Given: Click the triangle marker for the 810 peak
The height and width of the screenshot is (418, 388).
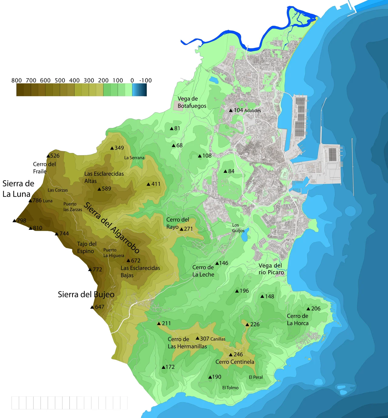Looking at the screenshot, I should [x=31, y=228].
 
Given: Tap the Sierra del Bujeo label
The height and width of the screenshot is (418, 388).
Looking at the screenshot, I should [x=86, y=294].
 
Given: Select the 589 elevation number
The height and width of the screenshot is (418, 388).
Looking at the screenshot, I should [x=106, y=189].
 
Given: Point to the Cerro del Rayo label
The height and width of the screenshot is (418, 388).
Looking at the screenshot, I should [x=178, y=223].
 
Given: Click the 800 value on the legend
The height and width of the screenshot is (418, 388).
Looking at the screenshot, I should [x=17, y=80].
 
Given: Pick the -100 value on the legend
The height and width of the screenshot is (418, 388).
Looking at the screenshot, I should [x=145, y=80].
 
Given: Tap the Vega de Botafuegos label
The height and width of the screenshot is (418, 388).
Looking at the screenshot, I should [x=192, y=102].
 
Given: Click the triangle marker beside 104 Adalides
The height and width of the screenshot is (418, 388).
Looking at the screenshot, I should [x=231, y=110].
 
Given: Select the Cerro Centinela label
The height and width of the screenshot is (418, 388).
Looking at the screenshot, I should [x=235, y=362].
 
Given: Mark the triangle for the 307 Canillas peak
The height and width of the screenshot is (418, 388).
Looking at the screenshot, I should [x=198, y=338].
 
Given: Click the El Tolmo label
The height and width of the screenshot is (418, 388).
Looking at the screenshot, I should [x=230, y=388].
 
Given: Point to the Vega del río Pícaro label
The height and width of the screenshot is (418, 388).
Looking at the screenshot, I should [x=271, y=269].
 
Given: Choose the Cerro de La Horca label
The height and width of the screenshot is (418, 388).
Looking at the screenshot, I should [x=298, y=320].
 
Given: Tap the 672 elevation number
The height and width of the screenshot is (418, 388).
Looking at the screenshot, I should [x=136, y=260].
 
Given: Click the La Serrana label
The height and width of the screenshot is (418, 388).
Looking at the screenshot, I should [x=134, y=158].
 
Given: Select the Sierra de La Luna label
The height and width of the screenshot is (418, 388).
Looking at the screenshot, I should [x=18, y=189].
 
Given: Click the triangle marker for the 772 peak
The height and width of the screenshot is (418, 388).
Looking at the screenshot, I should [x=90, y=270].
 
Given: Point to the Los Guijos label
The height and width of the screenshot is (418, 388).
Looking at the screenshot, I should [x=238, y=228].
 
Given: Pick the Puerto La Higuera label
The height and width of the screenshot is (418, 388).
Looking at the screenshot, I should [x=114, y=253].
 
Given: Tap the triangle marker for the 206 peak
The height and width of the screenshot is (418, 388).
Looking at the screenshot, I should [x=308, y=309].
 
